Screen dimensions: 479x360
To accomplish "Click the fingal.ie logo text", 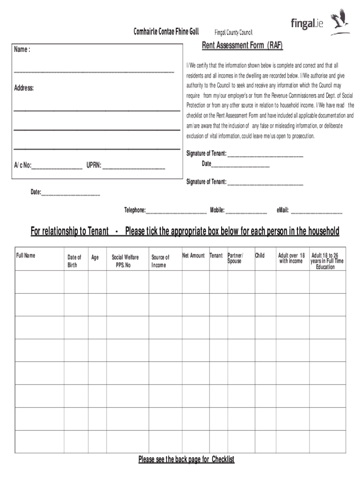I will point(307,23).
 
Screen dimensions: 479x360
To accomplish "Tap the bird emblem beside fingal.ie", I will point(340,22).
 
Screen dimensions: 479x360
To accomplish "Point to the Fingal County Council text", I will point(233,32).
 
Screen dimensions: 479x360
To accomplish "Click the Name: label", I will point(22,50).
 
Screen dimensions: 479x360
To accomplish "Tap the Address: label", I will point(24,88).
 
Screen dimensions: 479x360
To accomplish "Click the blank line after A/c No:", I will point(57,166).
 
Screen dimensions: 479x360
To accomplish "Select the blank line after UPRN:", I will point(134,166).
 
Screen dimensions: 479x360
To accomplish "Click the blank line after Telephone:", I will point(176,211).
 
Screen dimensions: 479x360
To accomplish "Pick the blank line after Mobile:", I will point(246,211).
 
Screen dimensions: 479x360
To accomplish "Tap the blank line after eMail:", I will point(317,211).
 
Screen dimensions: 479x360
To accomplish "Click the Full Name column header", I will point(26,255).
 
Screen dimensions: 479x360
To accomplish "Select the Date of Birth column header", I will point(74,261).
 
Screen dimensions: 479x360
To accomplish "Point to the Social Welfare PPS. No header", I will point(125,261).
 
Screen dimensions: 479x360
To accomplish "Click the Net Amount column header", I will point(194,255).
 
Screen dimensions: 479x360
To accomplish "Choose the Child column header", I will point(259,255).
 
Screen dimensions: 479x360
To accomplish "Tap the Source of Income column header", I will point(160,261).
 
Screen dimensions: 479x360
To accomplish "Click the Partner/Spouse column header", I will point(235,258).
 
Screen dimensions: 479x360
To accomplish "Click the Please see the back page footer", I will point(186,459).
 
